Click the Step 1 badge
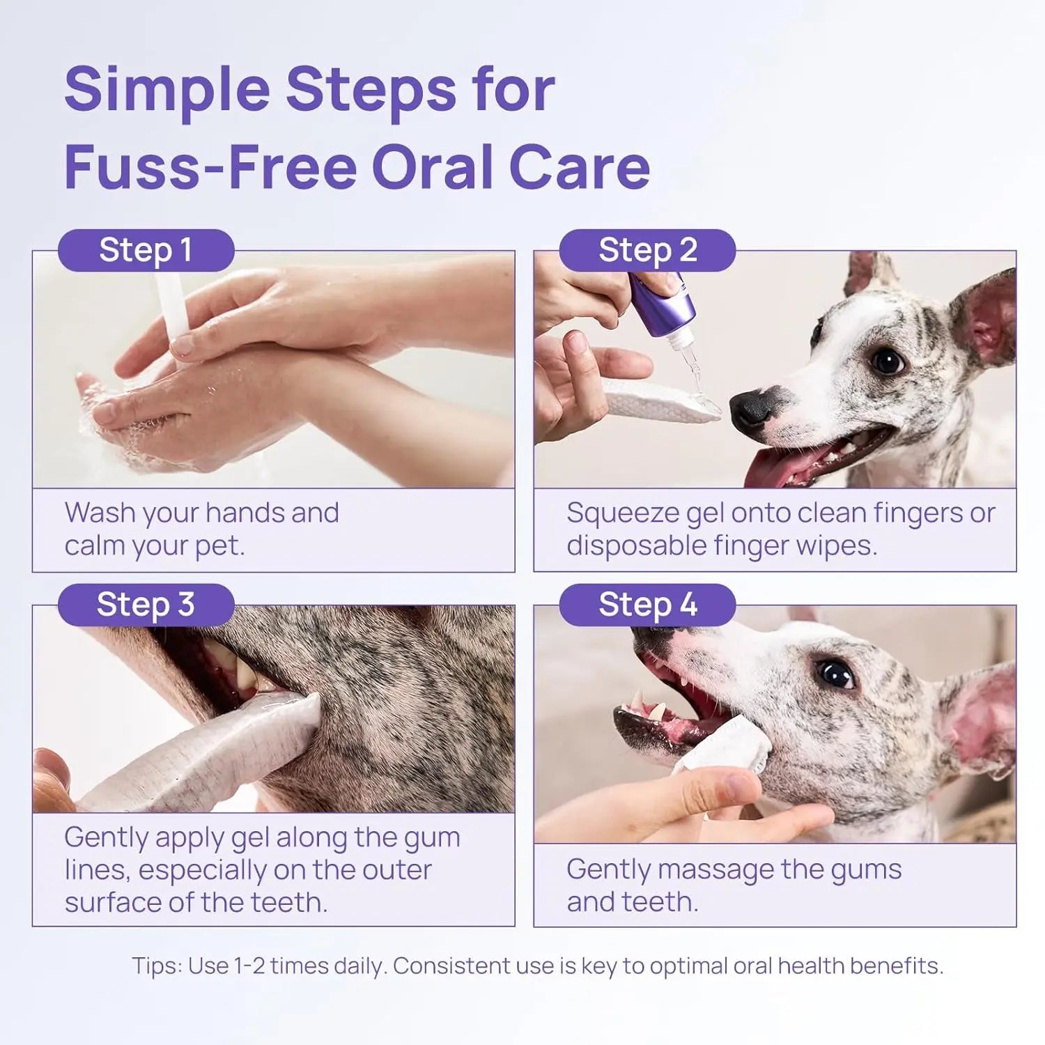click(x=146, y=250)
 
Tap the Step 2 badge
click(x=647, y=250)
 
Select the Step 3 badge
click(x=146, y=605)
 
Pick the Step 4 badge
click(x=647, y=605)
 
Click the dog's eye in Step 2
click(x=887, y=361)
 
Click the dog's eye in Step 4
click(x=834, y=674)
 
